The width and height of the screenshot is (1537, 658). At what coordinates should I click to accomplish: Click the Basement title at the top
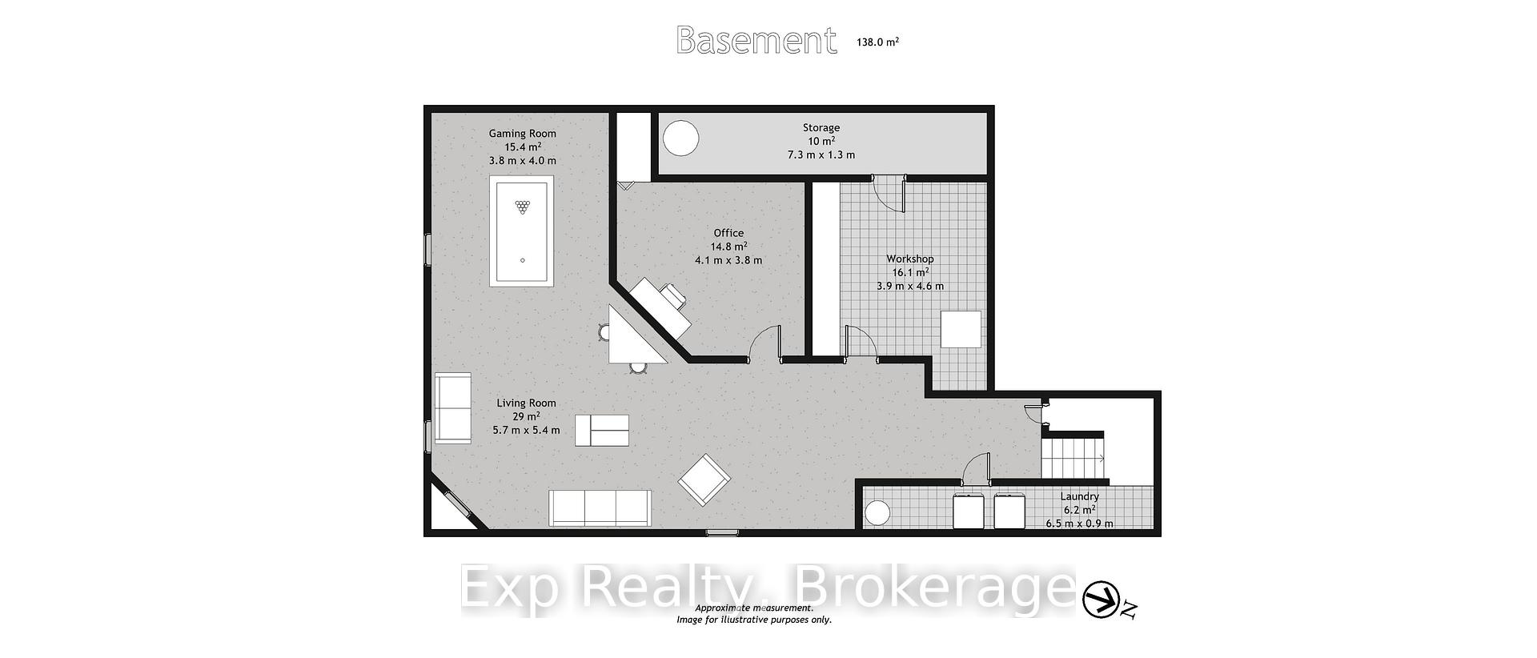click(x=756, y=40)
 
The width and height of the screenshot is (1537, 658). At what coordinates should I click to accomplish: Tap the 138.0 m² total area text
click(x=877, y=42)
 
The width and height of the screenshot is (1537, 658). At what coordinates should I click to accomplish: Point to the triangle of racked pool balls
click(x=523, y=207)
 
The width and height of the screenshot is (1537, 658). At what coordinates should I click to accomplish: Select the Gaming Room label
click(x=523, y=134)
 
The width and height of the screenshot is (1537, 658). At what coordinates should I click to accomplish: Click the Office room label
click(x=728, y=233)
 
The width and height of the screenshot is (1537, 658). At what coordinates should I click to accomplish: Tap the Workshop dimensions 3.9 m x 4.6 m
click(x=910, y=286)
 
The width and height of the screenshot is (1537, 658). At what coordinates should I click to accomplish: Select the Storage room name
click(x=821, y=127)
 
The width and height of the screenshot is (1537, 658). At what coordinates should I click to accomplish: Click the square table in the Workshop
click(x=961, y=329)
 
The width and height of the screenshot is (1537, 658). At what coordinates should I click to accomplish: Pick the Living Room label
click(x=526, y=403)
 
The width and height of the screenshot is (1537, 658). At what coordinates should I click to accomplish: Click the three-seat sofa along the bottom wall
click(x=600, y=508)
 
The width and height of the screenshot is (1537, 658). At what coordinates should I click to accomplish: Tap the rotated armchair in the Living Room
click(x=704, y=480)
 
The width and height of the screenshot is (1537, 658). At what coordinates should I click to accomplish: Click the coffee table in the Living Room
click(x=602, y=431)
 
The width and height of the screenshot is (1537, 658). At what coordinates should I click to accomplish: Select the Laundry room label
click(x=1081, y=496)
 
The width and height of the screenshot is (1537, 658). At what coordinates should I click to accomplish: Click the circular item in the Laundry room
click(x=878, y=513)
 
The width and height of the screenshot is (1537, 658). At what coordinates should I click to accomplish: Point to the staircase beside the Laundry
click(x=1073, y=458)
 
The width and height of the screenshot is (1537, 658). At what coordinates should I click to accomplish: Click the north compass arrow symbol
click(x=1102, y=600)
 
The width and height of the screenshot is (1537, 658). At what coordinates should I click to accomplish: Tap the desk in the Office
click(x=660, y=309)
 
